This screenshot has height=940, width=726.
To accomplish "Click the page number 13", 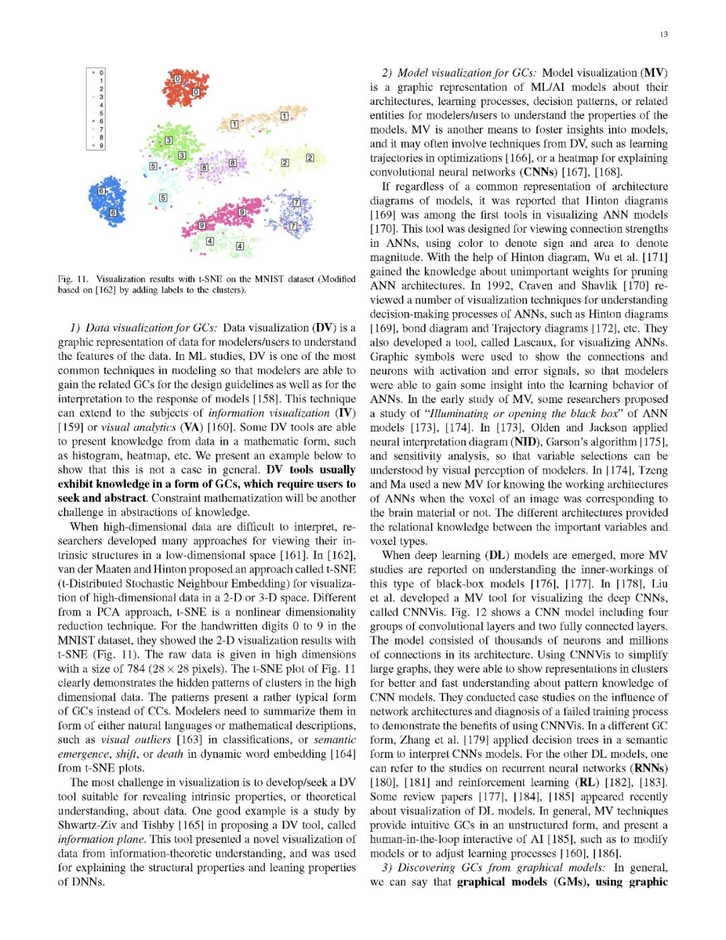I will pyautogui.click(x=663, y=34).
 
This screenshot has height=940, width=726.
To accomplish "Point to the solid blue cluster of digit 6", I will pyautogui.click(x=108, y=200).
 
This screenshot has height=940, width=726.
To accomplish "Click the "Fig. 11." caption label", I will pyautogui.click(x=73, y=279).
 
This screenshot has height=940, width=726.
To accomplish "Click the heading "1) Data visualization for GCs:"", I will pyautogui.click(x=143, y=328).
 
